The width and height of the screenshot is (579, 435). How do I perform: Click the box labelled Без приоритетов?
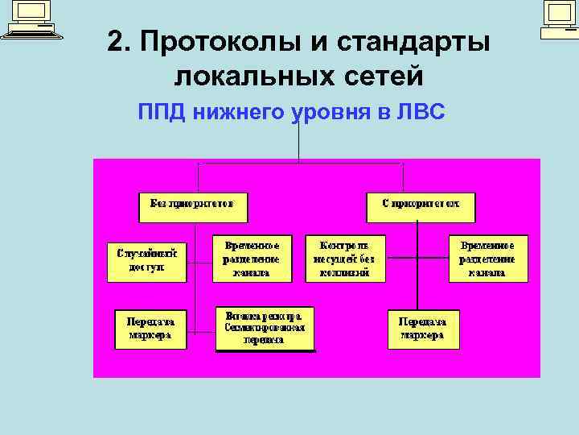194,205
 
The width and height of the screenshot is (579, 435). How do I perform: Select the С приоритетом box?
421,205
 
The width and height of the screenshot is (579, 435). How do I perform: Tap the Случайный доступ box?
147,260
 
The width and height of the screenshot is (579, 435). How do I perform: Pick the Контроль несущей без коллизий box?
345,259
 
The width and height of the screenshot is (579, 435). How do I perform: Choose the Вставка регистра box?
265,328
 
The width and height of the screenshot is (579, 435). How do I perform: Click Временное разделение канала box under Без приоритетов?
253,259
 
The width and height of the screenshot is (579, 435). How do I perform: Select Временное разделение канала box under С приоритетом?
489,259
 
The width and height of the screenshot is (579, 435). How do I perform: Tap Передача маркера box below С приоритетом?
424,328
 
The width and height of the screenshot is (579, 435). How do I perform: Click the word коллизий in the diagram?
345,273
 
